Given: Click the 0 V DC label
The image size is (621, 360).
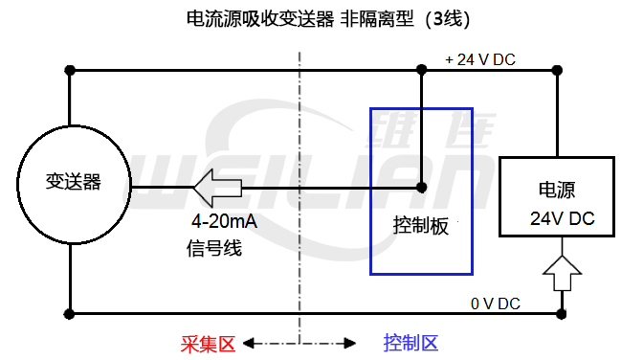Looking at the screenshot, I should pyautogui.click(x=495, y=304).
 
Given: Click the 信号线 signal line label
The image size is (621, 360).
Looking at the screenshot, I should pyautogui.click(x=214, y=248).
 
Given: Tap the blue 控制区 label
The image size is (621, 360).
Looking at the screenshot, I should pyautogui.click(x=410, y=342).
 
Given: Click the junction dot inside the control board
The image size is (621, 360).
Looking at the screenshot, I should pyautogui.click(x=422, y=186).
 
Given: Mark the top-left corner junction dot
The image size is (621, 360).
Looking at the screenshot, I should pyautogui.click(x=69, y=70).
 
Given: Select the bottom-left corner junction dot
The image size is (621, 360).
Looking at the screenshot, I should pyautogui.click(x=69, y=313).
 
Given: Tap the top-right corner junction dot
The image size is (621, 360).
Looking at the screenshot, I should pyautogui.click(x=559, y=70).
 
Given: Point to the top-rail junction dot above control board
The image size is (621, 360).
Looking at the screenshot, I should pyautogui.click(x=422, y=70).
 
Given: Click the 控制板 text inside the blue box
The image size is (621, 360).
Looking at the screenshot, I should pyautogui.click(x=421, y=229).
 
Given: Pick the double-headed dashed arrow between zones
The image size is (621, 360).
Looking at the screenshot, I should pyautogui.click(x=300, y=342).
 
